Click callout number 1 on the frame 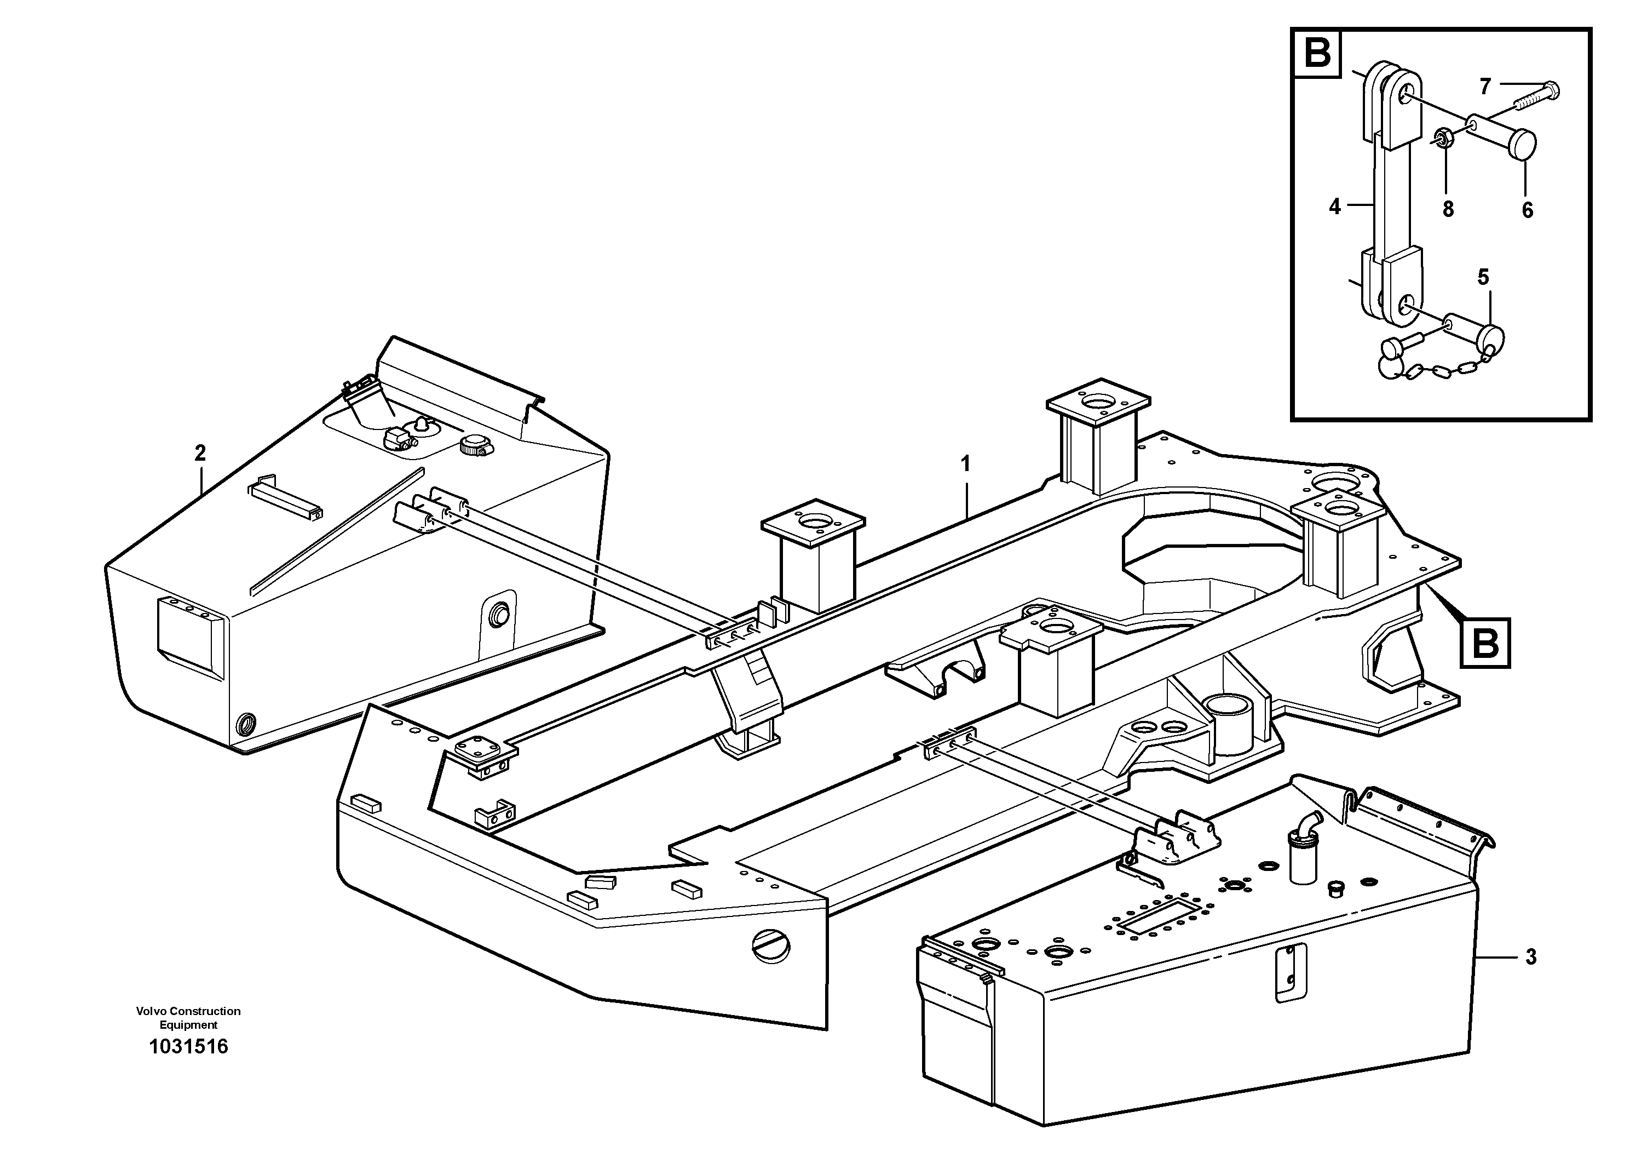[965, 465]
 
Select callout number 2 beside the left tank [200, 452]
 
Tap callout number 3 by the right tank [1530, 958]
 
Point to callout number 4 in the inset [1335, 207]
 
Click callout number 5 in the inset [1483, 277]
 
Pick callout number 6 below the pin [1527, 210]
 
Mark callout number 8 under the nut [1448, 209]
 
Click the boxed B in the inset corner [1317, 54]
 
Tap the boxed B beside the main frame [1485, 644]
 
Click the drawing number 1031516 [188, 1047]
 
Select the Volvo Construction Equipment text [188, 1018]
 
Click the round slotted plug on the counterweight [771, 947]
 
